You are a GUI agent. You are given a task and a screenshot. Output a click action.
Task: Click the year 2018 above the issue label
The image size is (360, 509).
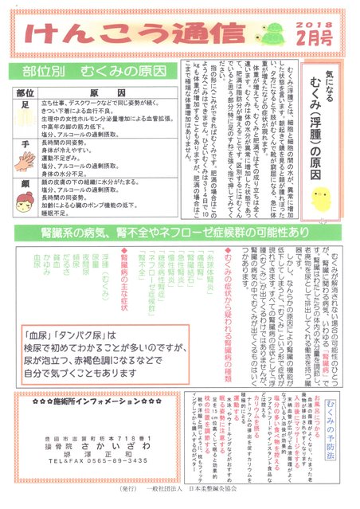[x=310, y=16]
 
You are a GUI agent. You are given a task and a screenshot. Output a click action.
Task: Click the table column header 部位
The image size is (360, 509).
[x=27, y=92]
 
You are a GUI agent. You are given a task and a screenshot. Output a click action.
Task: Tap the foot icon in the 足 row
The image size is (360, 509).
[x=27, y=119]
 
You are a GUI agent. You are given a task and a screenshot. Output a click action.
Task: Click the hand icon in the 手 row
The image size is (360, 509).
[x=27, y=159]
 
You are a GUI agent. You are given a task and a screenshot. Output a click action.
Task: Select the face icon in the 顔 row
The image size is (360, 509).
[x=27, y=198]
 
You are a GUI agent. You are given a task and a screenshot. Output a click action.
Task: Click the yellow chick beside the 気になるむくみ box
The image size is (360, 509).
[x=322, y=197]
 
